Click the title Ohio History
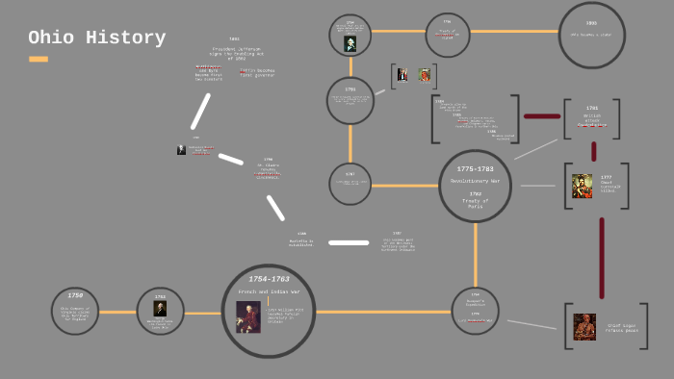tap(96, 38)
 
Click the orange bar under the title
tap(39, 60)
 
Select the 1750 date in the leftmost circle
tap(75, 296)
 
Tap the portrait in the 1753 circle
tap(160, 309)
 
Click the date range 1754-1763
tap(269, 279)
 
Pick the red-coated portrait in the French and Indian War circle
tap(247, 316)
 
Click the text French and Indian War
tap(269, 291)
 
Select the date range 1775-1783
tap(475, 169)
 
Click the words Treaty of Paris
tap(475, 203)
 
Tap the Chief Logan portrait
tap(584, 326)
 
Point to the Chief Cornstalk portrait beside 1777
tap(582, 186)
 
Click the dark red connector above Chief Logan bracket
tap(602, 258)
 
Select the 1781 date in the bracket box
tap(592, 108)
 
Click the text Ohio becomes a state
tap(591, 35)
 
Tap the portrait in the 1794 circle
tap(350, 43)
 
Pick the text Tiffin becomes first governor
tap(257, 72)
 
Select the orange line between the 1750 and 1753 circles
tap(117, 312)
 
